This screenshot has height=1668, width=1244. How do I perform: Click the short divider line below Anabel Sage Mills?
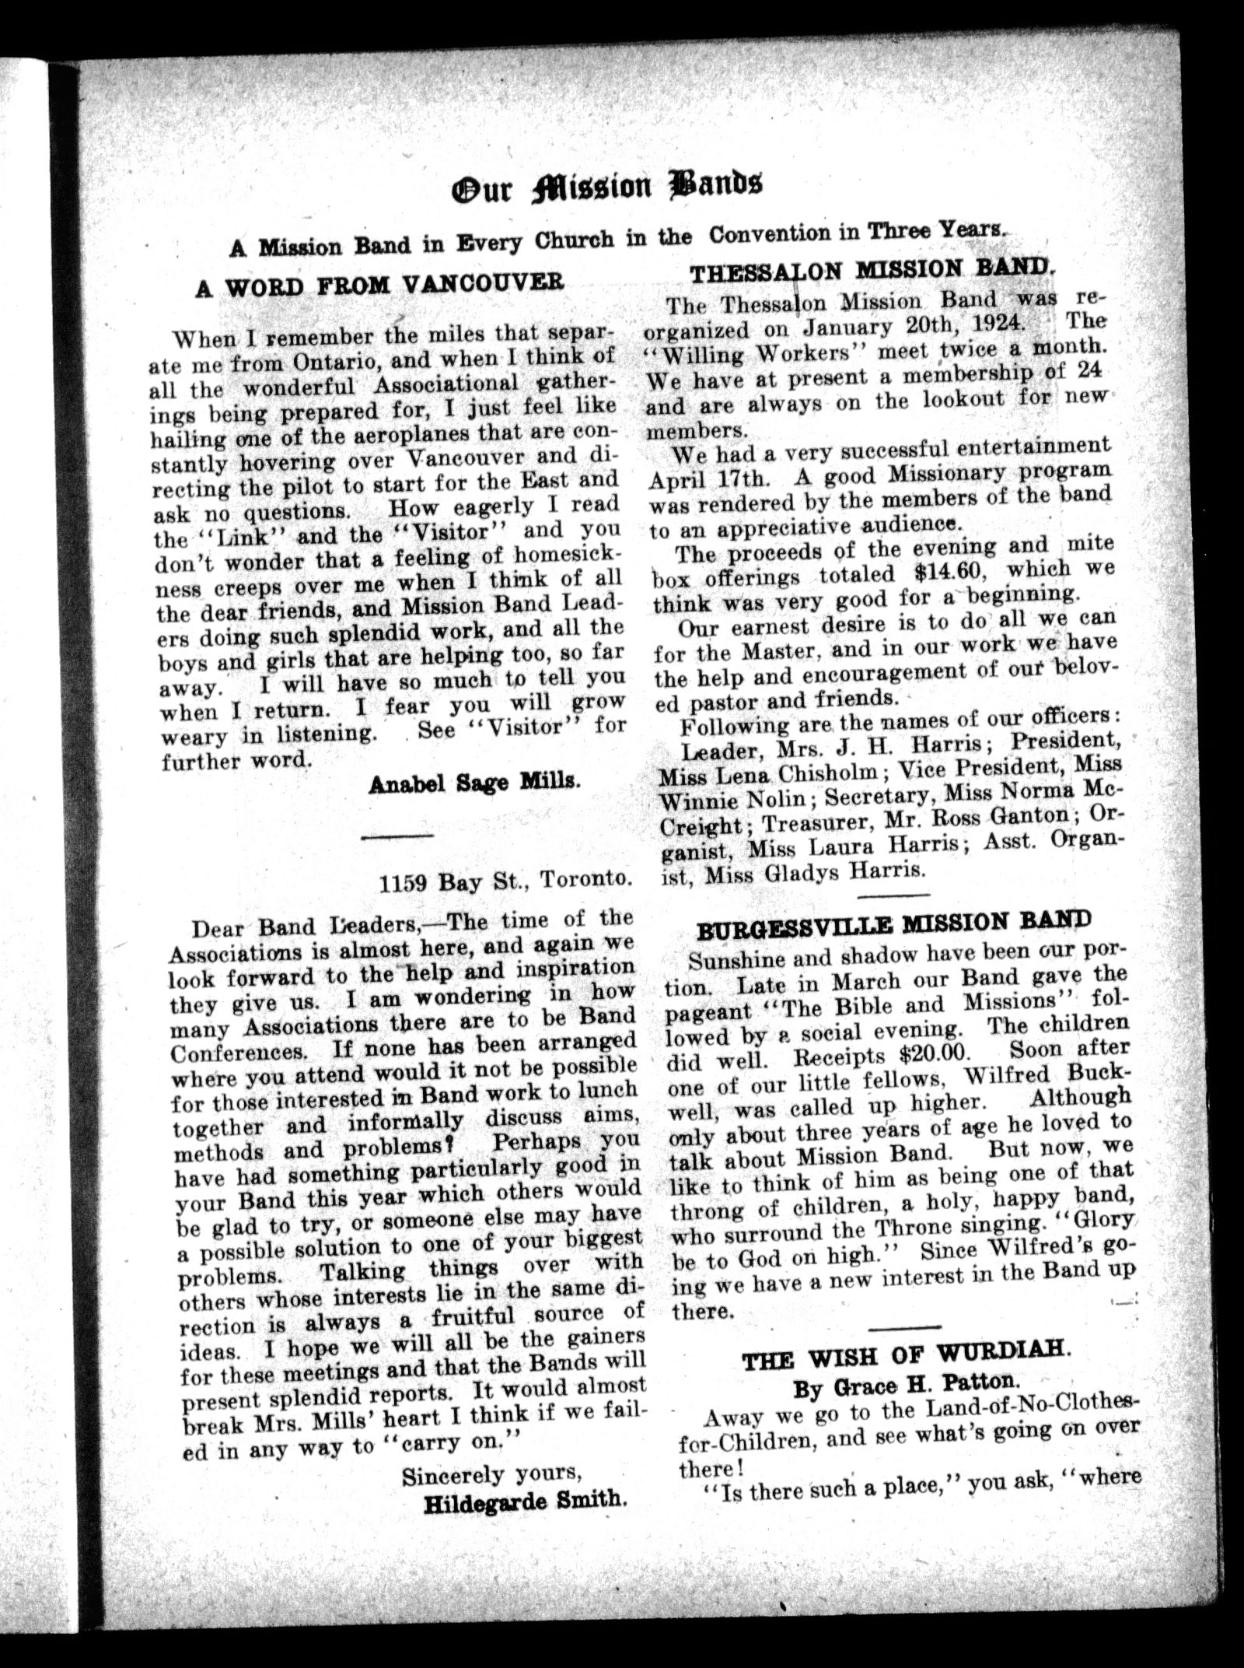point(398,836)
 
